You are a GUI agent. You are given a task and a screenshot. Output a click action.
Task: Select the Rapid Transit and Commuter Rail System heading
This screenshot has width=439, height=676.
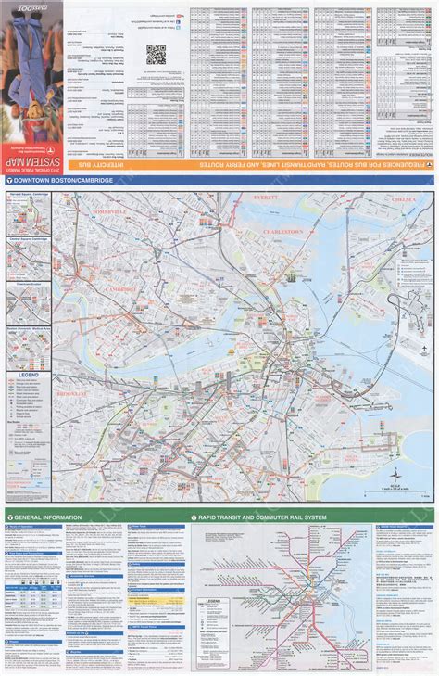click(250, 517)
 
